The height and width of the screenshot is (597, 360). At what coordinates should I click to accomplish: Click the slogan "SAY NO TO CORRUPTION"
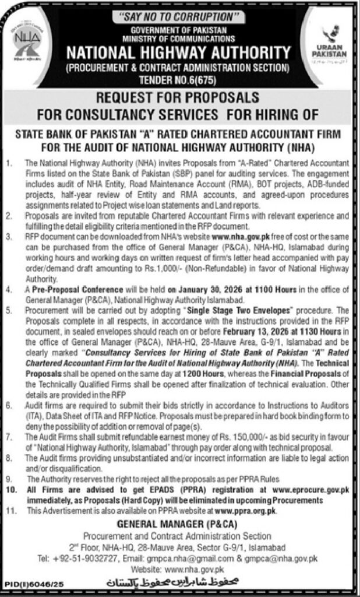179,17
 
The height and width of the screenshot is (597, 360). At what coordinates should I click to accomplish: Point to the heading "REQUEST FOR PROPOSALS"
179,97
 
